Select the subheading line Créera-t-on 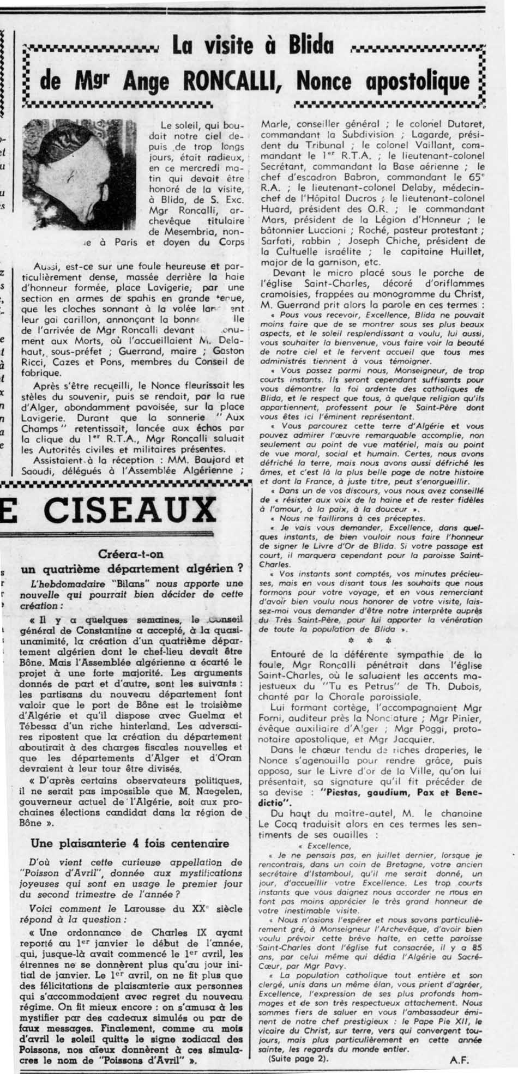coord(131,554)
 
